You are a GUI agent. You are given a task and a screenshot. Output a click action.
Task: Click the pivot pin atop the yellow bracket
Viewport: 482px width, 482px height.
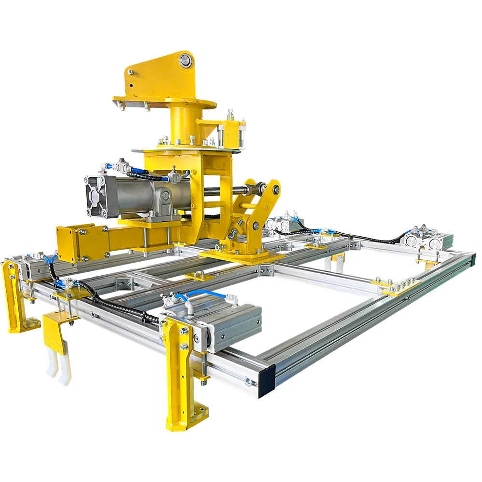pos(184,61)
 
